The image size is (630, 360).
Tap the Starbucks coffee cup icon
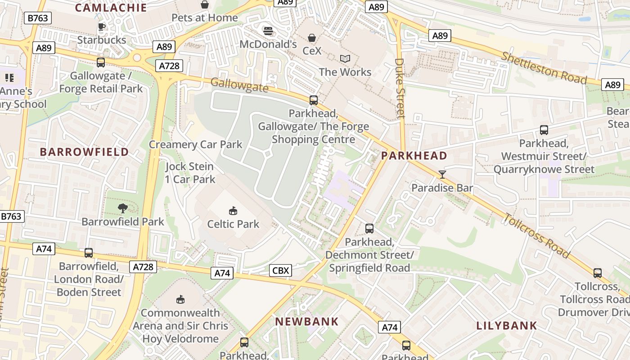click(102, 27)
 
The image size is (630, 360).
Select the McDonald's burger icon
click(268, 31)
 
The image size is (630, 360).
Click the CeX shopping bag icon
click(312, 37)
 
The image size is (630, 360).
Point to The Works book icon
click(345, 58)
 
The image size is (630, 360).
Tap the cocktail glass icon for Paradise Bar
click(442, 174)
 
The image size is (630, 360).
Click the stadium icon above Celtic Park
click(233, 210)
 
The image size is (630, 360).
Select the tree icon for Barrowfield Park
click(122, 208)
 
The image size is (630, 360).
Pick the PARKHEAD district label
click(414, 156)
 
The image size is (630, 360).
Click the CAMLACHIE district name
click(111, 7)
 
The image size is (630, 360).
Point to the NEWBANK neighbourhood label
click(307, 321)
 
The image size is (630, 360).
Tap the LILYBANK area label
click(507, 325)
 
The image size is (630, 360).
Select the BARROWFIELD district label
click(85, 152)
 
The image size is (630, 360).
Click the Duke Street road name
click(400, 88)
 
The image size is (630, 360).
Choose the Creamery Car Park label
click(195, 144)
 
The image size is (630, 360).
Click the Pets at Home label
click(205, 18)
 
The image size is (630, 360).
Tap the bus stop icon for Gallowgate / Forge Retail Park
click(101, 63)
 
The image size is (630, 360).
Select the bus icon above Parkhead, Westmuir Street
click(544, 130)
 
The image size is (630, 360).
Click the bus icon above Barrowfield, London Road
click(89, 253)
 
